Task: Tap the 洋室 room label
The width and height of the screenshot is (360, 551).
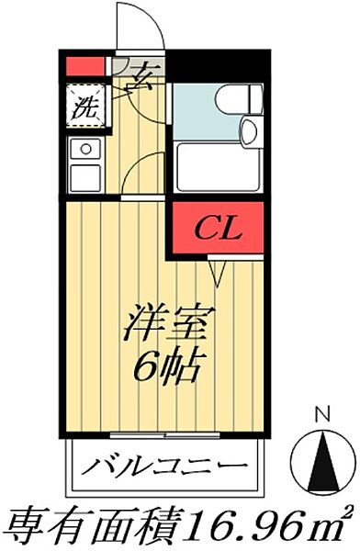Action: [170, 326]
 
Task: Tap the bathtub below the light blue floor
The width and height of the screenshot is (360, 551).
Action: [218, 164]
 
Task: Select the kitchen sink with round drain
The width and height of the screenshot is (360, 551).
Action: [84, 149]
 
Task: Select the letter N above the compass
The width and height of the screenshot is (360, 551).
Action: [321, 413]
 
